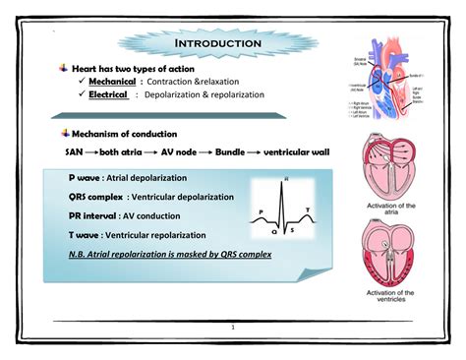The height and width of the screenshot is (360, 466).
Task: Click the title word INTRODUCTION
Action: coord(217,44)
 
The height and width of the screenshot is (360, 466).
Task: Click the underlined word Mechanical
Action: coord(112,82)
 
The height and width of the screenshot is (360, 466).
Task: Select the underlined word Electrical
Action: coord(108,95)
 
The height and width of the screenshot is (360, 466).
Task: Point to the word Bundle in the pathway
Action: coord(233,152)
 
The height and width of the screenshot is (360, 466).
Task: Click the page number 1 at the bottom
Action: coord(234,328)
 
